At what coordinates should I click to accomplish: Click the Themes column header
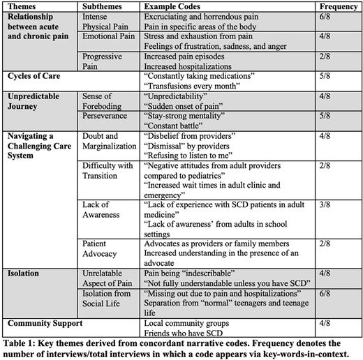[x=22, y=6]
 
